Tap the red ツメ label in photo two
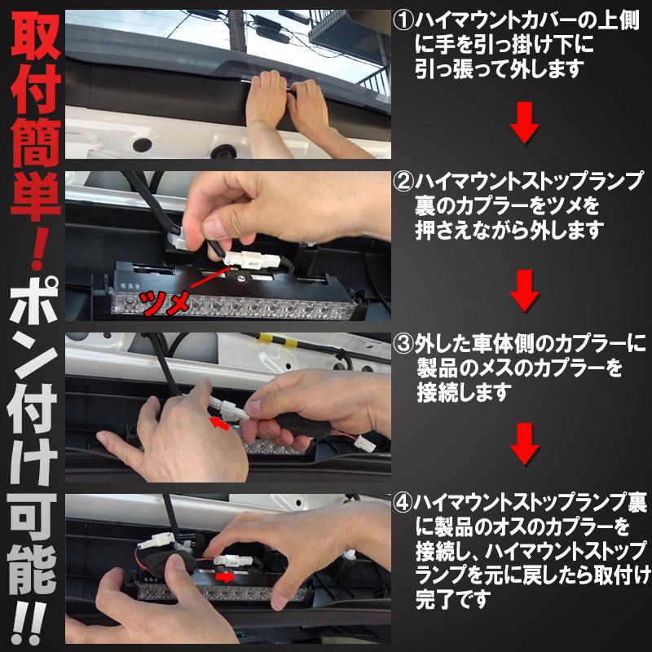(x=168, y=304)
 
